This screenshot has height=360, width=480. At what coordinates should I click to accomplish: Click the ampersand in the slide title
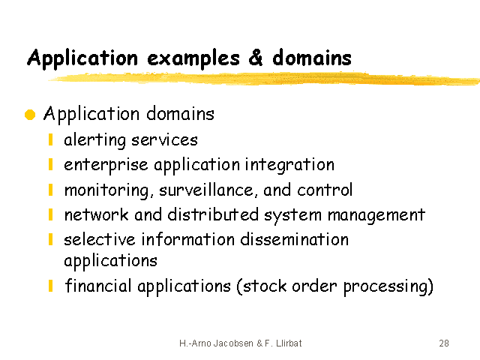(256, 57)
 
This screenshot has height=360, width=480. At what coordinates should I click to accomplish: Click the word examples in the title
(193, 58)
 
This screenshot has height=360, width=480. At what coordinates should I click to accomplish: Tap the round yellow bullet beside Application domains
(30, 115)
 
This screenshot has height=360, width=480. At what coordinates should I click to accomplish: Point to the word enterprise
(106, 166)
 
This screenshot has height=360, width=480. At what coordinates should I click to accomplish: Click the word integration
(289, 165)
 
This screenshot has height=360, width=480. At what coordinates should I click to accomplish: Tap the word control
(325, 190)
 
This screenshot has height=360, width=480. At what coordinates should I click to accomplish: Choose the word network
(97, 214)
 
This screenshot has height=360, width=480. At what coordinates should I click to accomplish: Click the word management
(376, 215)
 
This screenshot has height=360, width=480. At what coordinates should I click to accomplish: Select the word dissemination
(295, 239)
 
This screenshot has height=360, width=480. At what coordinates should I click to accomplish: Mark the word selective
(100, 239)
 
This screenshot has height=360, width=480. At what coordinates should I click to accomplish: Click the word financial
(98, 286)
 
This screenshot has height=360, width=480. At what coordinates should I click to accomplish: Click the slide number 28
(444, 343)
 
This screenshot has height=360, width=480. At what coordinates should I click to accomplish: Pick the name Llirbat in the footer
(289, 343)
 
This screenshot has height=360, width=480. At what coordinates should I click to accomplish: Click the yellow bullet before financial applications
(51, 286)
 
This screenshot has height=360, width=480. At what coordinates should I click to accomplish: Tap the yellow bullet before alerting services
(51, 139)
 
